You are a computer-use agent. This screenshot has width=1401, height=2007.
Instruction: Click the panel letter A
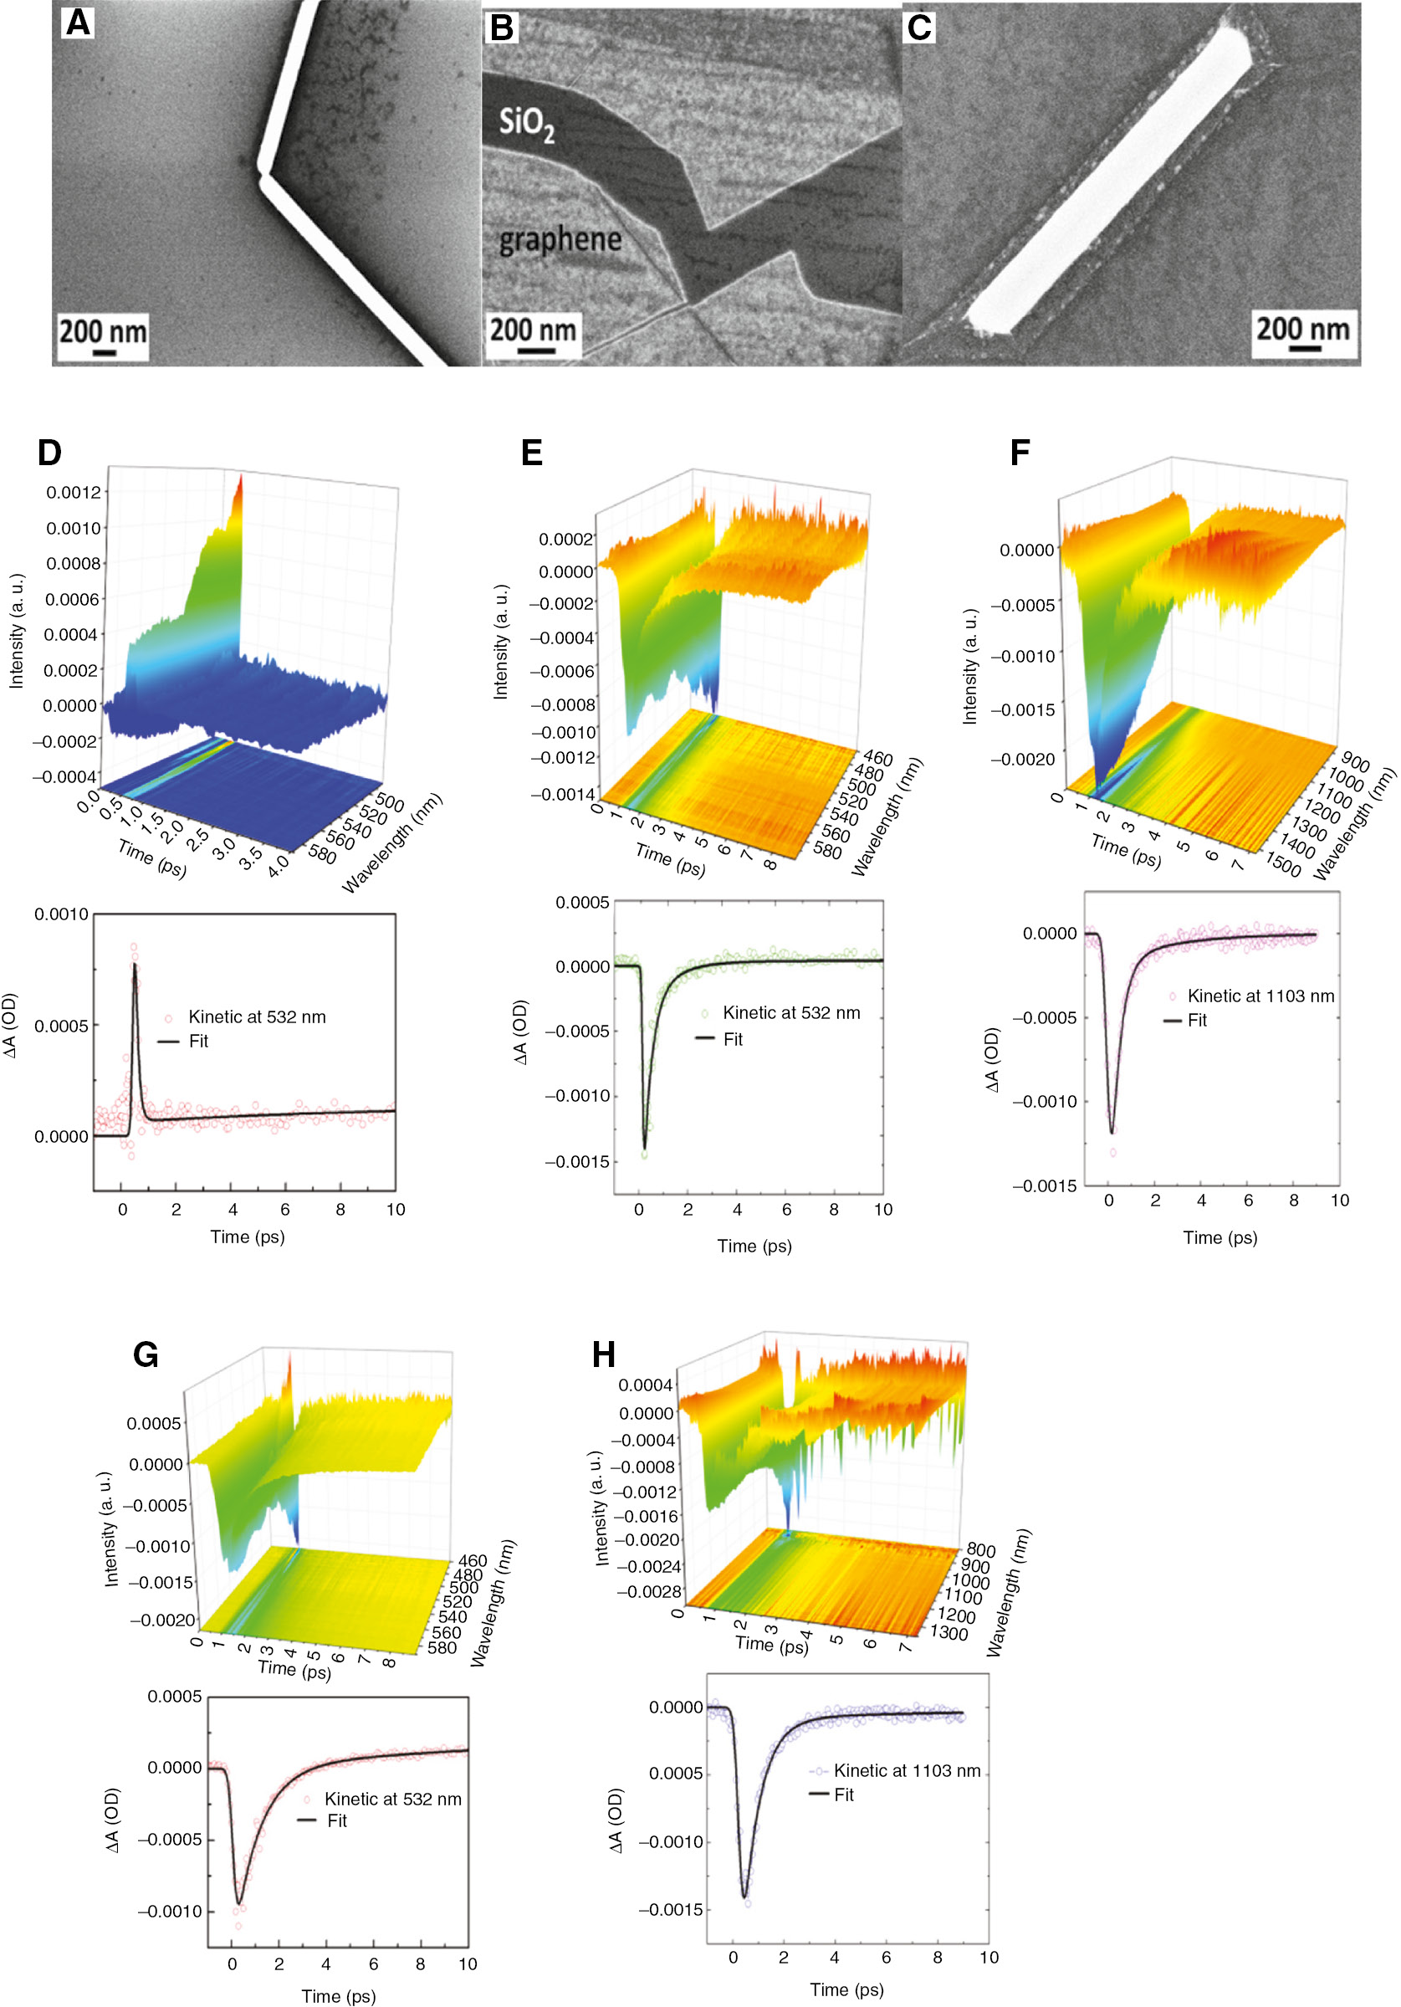[x=78, y=22]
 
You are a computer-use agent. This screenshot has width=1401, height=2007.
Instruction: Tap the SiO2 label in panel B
[x=526, y=123]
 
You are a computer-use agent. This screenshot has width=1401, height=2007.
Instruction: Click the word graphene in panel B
[x=560, y=239]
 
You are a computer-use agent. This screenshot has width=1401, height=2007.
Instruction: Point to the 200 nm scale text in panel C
[x=1302, y=329]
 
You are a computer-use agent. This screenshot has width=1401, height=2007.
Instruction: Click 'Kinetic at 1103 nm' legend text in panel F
[x=1260, y=996]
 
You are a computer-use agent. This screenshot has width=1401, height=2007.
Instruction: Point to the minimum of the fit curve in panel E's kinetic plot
[x=644, y=1148]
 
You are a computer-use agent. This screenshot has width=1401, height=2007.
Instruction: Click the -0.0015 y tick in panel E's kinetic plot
[x=577, y=1162]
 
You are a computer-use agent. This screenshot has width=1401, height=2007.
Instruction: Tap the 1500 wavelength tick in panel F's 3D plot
[x=1283, y=868]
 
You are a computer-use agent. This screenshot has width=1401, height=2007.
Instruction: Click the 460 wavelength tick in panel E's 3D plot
[x=877, y=759]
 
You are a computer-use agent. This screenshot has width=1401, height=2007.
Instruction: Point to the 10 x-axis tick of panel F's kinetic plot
[x=1339, y=1201]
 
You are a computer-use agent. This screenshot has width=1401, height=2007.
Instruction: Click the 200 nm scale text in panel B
[x=532, y=330]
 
